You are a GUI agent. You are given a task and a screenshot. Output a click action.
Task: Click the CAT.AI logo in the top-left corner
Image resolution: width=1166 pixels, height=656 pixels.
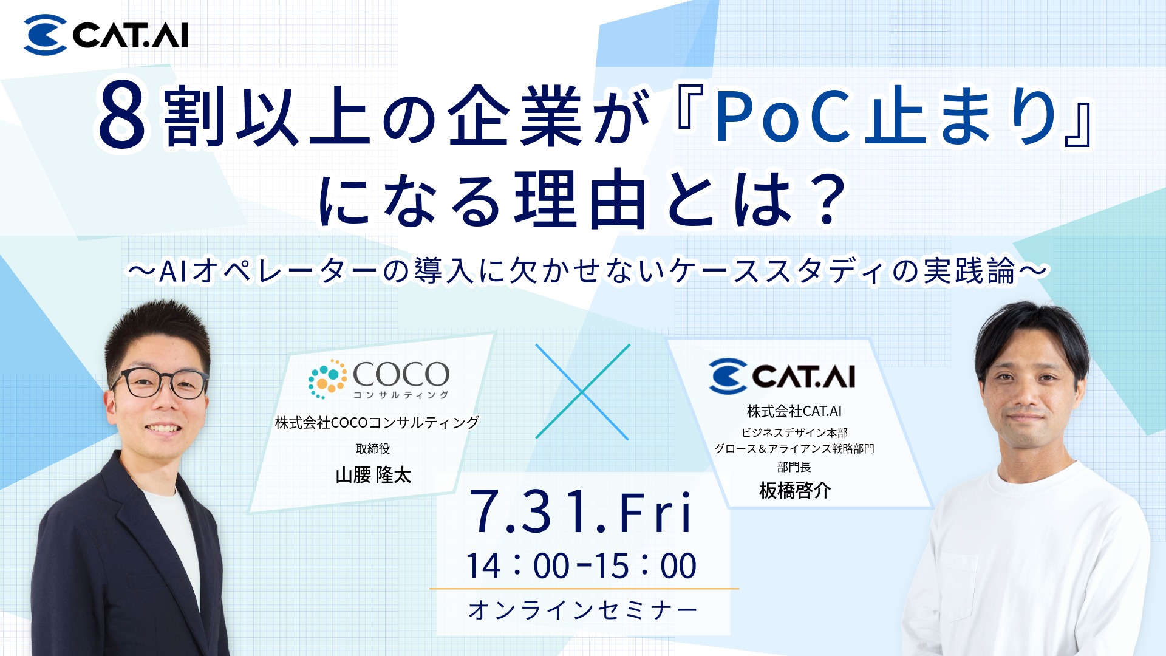tap(106, 35)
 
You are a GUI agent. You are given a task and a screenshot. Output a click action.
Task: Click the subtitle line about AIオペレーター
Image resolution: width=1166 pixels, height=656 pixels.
tap(587, 270)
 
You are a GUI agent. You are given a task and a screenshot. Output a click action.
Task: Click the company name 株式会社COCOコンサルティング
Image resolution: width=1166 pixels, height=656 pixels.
tap(377, 422)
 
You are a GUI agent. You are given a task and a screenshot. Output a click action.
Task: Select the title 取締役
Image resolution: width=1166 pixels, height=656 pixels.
tap(373, 449)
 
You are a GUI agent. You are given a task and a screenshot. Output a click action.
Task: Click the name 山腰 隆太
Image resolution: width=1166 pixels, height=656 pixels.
tap(373, 474)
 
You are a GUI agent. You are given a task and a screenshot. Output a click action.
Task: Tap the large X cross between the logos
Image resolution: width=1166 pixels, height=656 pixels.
tap(582, 392)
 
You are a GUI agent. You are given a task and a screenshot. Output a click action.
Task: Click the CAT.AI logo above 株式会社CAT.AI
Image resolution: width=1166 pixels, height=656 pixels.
tap(782, 376)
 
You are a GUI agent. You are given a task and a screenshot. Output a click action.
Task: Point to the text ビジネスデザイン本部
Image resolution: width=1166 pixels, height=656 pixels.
tap(794, 432)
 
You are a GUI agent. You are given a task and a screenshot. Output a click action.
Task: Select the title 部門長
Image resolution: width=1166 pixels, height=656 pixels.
tap(794, 466)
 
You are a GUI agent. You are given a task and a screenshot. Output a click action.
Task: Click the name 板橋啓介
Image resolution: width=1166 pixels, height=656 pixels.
tap(794, 490)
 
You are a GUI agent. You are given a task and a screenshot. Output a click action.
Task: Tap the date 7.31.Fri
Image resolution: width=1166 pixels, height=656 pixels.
tap(581, 512)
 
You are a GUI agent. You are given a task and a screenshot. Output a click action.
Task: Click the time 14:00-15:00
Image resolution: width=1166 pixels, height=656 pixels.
tap(581, 566)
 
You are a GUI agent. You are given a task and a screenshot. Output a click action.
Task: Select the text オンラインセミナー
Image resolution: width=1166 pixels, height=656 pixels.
tap(582, 610)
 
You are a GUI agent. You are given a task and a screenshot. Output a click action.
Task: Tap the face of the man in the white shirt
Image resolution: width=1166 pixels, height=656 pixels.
tap(1028, 395)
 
